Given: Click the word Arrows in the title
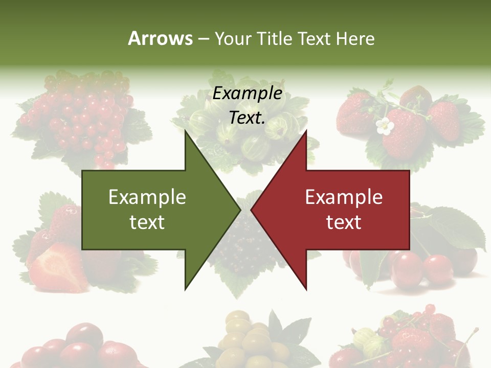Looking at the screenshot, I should (160, 38).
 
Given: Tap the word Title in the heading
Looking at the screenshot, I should (273, 39).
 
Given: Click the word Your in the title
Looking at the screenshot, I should (233, 39).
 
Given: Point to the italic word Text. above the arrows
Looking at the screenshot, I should (247, 118).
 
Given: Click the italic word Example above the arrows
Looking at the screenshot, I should (247, 94).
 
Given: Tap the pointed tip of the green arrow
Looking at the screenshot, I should (239, 210).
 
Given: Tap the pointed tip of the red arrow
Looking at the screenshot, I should (252, 210).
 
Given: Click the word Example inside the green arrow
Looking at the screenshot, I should (147, 197).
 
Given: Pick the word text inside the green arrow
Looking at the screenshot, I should (147, 222).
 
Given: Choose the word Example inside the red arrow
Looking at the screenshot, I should (344, 197).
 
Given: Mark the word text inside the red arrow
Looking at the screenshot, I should (344, 222).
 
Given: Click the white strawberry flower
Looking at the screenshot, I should (384, 126).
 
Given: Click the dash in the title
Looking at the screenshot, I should (203, 39).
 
